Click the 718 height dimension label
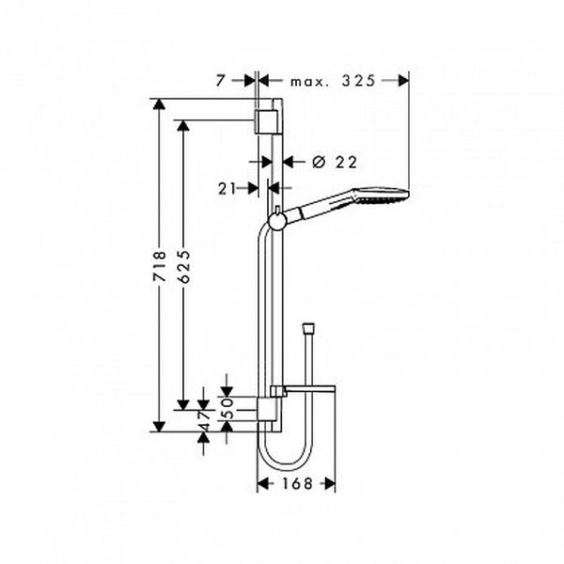(160, 266)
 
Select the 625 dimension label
(183, 266)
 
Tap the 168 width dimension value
(297, 483)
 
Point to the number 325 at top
(358, 81)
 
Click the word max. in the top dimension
(309, 82)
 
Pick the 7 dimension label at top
(220, 81)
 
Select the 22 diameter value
(346, 163)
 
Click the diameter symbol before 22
(319, 163)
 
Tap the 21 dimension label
(227, 189)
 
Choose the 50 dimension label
(228, 408)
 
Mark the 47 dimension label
(204, 421)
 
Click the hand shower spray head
(382, 194)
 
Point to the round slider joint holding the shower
(276, 221)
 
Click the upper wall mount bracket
(267, 121)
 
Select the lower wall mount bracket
(268, 409)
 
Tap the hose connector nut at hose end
(309, 328)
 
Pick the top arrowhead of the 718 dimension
(159, 104)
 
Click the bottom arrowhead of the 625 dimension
(183, 404)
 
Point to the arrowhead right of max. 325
(403, 81)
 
